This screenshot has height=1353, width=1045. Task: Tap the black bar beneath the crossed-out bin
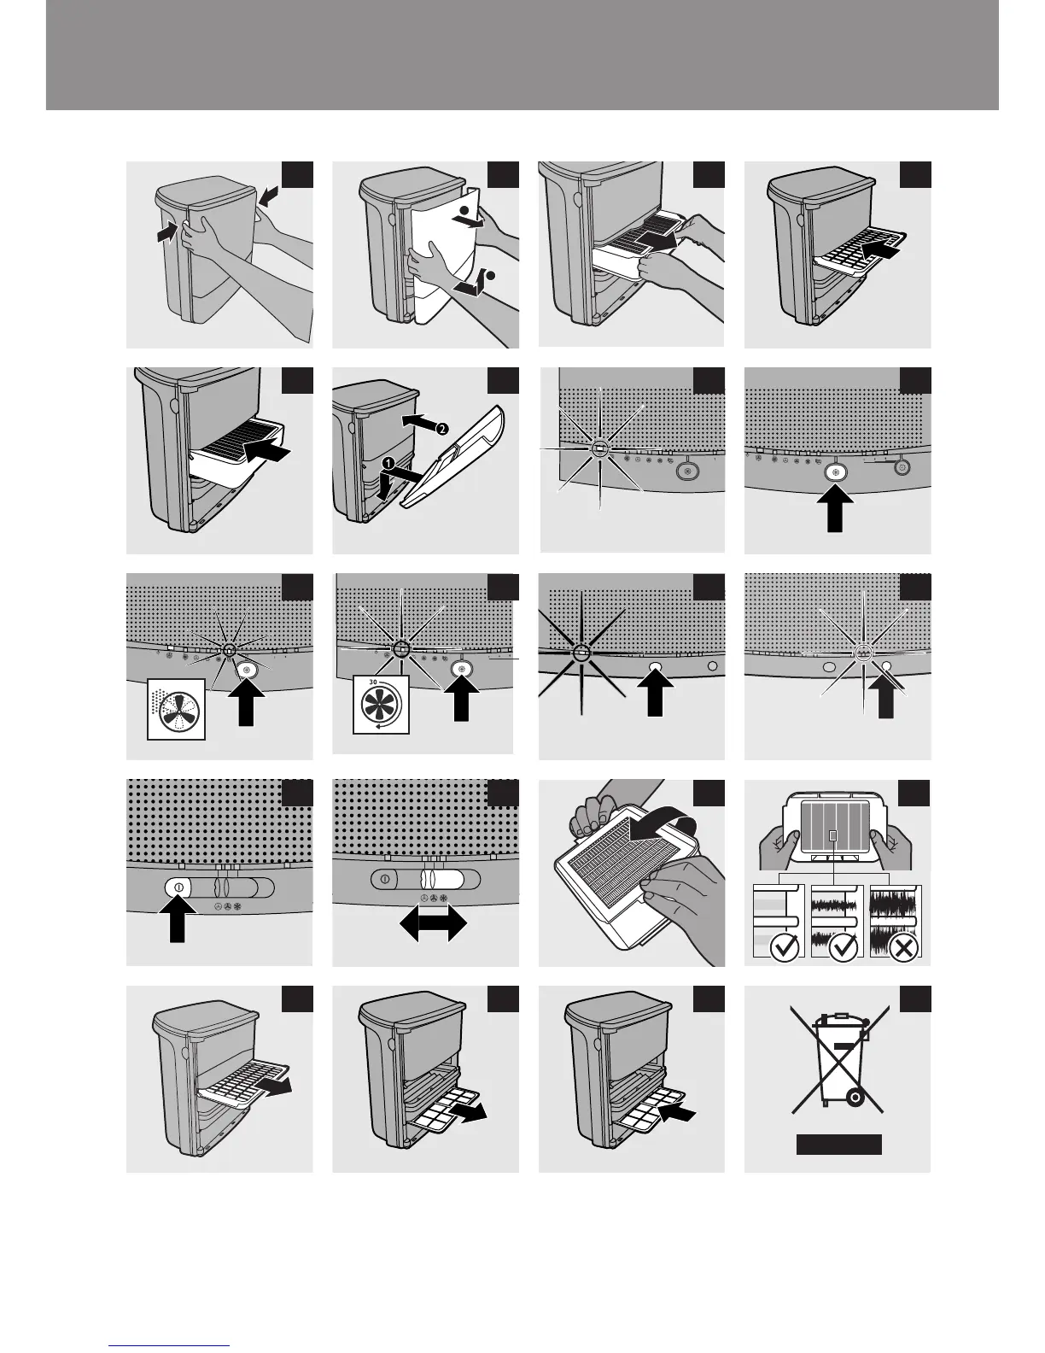coord(838,1145)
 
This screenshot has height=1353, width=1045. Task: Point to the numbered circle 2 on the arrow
coord(441,429)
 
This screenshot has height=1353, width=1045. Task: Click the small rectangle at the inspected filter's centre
coord(833,834)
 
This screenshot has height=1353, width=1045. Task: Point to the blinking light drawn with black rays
coord(581,653)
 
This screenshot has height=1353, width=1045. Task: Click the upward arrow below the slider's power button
coord(177,922)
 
